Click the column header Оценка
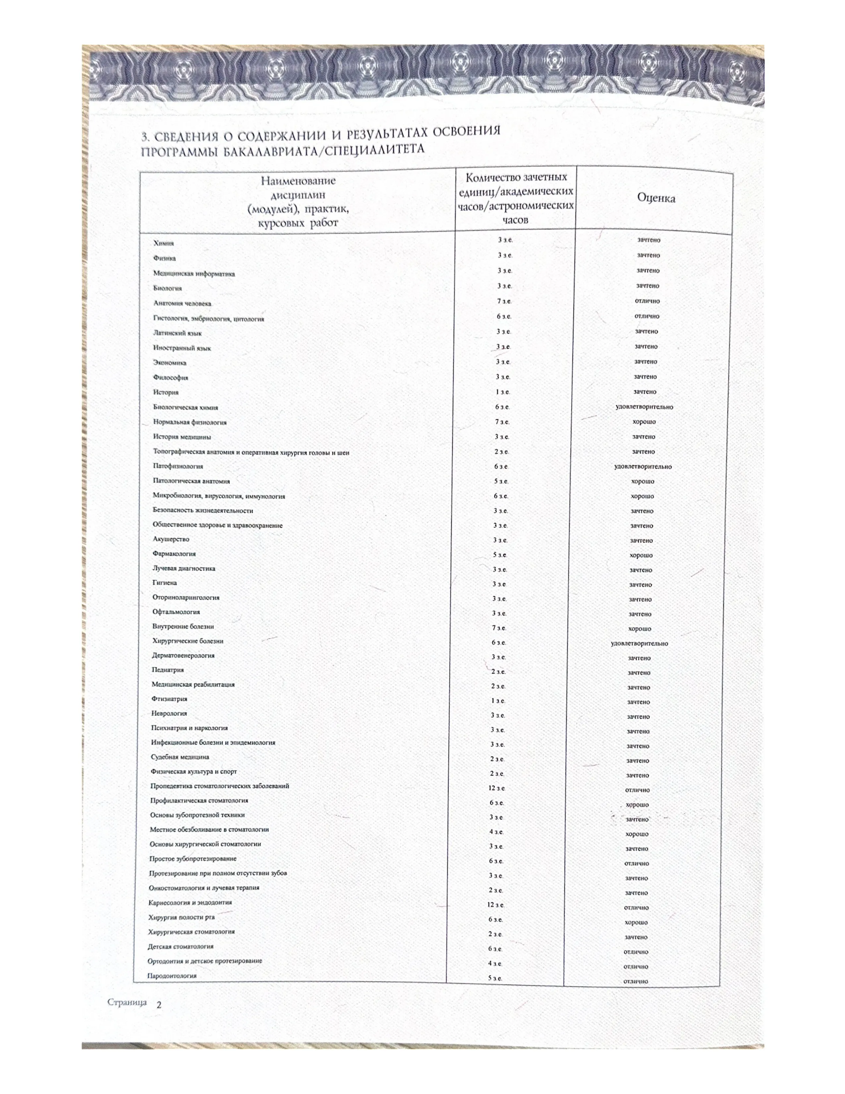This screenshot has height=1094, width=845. [656, 198]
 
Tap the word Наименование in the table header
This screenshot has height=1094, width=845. [298, 181]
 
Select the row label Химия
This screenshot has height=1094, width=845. [164, 243]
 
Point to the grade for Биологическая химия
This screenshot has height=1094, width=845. [644, 407]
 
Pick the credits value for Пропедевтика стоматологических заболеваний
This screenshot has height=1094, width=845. [497, 788]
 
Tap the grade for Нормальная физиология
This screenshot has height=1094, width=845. [644, 422]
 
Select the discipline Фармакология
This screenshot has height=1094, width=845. [174, 554]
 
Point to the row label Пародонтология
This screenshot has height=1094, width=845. [172, 975]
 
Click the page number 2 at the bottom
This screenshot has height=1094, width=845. [159, 1004]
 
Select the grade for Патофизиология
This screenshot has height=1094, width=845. [643, 466]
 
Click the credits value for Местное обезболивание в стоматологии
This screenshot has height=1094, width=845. [496, 832]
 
